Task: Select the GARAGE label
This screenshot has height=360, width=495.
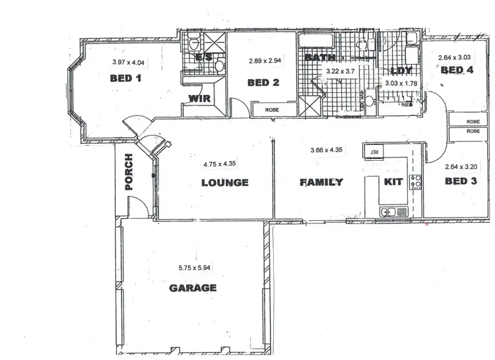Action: point(193,288)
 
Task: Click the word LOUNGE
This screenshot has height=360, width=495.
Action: point(224,183)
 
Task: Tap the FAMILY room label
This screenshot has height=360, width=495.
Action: point(321,182)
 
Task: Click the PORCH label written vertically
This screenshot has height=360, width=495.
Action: point(129,173)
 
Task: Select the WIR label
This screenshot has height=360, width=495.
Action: point(199,99)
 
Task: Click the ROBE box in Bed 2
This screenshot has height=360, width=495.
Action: point(272,109)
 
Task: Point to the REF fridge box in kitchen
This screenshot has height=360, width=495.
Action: point(373,152)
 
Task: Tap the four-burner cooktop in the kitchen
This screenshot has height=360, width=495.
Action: point(416,181)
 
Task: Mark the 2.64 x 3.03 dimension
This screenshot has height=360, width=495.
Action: point(455,58)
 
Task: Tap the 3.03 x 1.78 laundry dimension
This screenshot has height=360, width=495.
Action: point(401,83)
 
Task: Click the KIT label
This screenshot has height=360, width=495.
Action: point(393,181)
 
